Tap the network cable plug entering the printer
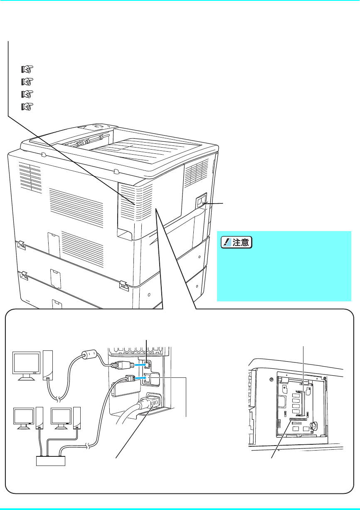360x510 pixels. coord(129,378)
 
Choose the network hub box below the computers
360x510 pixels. coord(49,461)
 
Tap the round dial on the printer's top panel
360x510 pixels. coord(98,125)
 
